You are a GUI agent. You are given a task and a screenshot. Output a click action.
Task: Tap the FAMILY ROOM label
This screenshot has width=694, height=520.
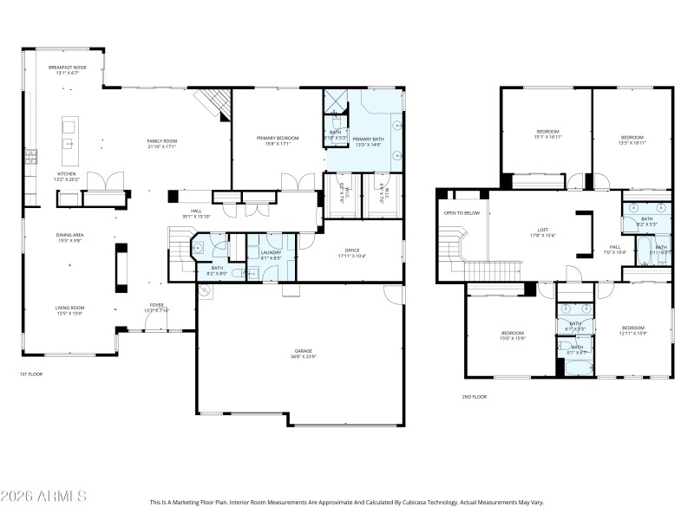click(161, 143)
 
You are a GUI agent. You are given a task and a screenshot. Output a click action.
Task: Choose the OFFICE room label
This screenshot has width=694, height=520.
click(352, 252)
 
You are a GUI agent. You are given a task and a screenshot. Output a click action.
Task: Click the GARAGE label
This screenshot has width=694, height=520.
click(304, 353)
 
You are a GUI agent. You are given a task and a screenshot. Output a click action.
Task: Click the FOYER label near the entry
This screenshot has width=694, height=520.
click(156, 306)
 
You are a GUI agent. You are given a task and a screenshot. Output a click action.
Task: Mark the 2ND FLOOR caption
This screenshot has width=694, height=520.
click(475, 396)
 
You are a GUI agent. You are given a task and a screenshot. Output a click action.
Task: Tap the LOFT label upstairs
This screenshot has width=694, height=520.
click(543, 232)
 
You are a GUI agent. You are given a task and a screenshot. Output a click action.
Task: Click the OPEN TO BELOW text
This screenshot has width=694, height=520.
click(462, 212)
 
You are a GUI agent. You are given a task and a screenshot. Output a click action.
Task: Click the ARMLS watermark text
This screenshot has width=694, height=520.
click(43, 497)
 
